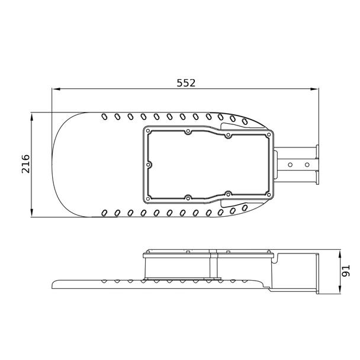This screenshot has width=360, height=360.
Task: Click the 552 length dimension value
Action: coord(186,83)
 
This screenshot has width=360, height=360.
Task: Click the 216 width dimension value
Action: coord(25,164)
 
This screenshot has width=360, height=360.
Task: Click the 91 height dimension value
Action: coord(346,271)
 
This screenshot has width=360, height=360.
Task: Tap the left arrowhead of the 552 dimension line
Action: coord(56,89)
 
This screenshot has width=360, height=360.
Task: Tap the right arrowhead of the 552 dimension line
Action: coord(314,89)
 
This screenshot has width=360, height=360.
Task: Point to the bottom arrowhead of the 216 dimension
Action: coord(32,213)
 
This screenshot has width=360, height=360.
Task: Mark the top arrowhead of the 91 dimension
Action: coord(339,253)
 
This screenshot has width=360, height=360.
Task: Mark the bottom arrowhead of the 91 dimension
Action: coord(339,290)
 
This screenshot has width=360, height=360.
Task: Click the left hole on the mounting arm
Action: coord(290,165)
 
